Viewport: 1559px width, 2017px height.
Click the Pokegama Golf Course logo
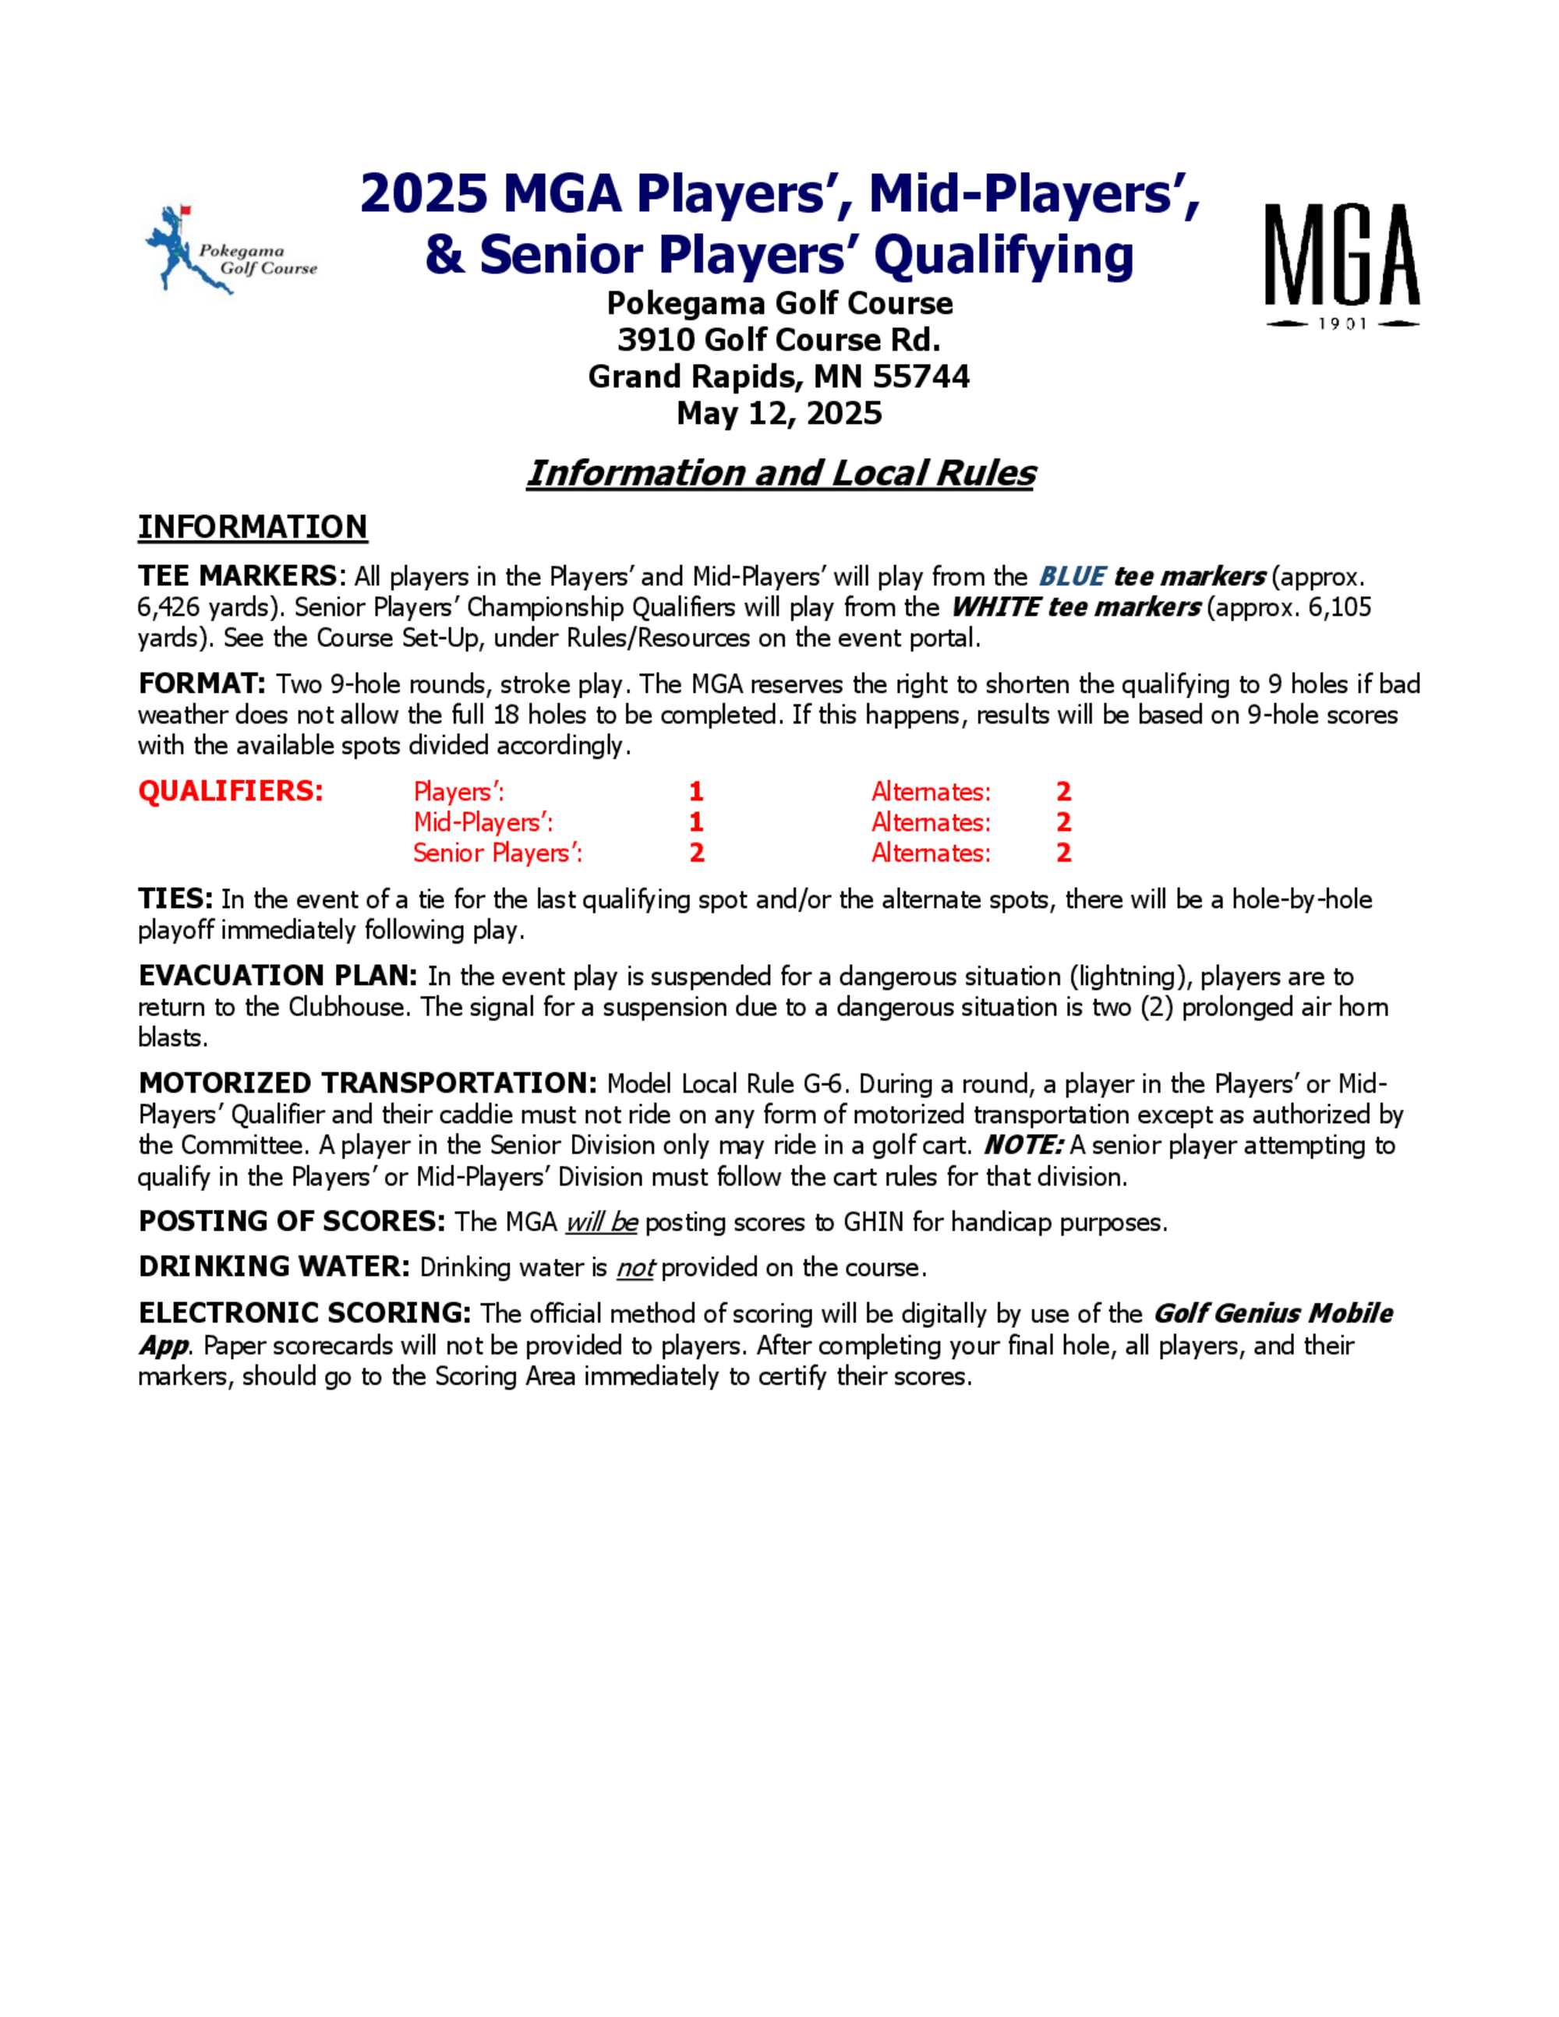pos(230,250)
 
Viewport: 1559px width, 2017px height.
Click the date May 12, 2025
pos(779,413)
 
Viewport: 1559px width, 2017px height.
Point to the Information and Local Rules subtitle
pos(780,473)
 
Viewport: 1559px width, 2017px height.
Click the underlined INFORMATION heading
pos(252,528)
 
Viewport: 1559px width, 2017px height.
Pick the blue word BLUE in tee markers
pos(1071,578)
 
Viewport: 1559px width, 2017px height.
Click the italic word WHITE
pos(995,608)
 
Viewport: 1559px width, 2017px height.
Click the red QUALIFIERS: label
pos(231,792)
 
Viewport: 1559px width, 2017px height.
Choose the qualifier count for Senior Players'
pos(696,853)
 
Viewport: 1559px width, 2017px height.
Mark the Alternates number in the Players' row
pos(1064,792)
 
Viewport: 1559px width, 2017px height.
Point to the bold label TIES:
pos(175,899)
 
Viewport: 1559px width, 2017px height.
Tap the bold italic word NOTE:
pos(1023,1145)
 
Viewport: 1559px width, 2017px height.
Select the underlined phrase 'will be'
pos(601,1223)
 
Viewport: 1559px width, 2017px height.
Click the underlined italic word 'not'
pos(635,1268)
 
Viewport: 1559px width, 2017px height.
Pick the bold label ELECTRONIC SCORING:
pos(305,1313)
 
